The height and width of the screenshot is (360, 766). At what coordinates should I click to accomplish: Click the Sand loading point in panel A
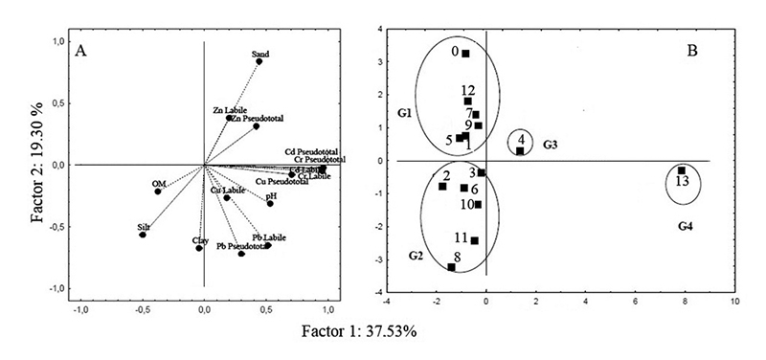(x=259, y=61)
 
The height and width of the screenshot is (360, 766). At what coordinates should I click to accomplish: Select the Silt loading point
(x=143, y=235)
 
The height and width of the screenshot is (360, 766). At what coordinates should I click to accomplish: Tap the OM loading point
(x=158, y=191)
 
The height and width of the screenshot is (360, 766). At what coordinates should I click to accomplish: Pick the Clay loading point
(x=199, y=249)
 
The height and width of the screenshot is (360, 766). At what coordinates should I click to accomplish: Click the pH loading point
(x=270, y=203)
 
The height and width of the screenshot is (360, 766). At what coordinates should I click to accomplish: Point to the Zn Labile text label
(x=230, y=111)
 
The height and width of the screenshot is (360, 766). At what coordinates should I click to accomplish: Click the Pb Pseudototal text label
(x=237, y=246)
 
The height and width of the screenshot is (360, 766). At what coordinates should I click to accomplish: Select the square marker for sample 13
(x=681, y=170)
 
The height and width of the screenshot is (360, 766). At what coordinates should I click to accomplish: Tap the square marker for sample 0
(x=465, y=54)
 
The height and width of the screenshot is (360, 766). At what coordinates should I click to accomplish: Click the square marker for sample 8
(x=451, y=267)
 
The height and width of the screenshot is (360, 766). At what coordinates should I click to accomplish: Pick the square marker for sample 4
(x=520, y=150)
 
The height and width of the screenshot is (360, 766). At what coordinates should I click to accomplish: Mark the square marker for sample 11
(x=474, y=241)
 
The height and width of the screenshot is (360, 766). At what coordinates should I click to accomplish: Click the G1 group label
(x=403, y=113)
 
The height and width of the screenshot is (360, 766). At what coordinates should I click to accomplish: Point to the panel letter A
(x=81, y=52)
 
